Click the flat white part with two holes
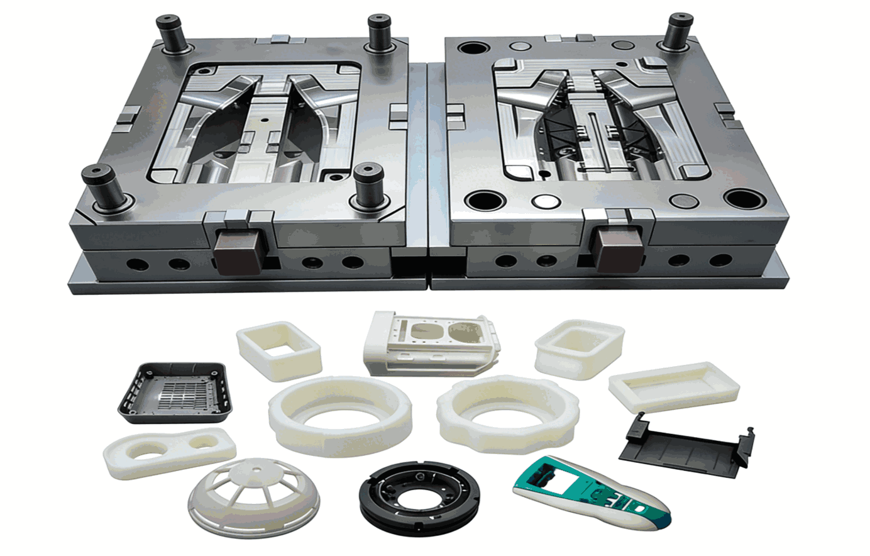point(169,450)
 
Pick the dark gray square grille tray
point(175,392)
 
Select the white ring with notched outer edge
point(506,411)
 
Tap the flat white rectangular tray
point(673,386)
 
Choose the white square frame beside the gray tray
point(279,350)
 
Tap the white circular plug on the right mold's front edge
point(546,202)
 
